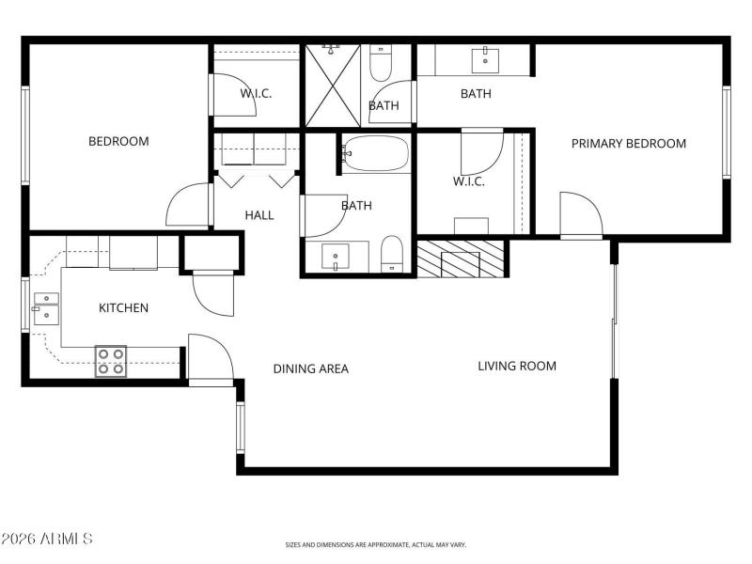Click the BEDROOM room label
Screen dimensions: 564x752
pos(118,142)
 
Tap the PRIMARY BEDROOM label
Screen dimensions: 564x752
pos(629,144)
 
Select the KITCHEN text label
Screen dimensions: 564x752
pos(123,308)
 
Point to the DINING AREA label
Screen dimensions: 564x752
pos(310,368)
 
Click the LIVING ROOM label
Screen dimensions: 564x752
pos(516,366)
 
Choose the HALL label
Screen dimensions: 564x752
pos(259,215)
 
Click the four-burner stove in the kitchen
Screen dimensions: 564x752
pos(111,362)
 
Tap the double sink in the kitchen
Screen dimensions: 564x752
pos(45,308)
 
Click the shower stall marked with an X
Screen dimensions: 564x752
pos(333,85)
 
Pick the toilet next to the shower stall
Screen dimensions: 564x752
pos(382,64)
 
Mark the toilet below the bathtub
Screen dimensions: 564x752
pos(392,254)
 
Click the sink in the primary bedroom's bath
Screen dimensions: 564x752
pos(486,58)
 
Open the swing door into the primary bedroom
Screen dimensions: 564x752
pos(580,216)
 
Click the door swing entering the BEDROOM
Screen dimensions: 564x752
pos(188,205)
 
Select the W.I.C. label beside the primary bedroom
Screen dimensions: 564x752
pos(468,181)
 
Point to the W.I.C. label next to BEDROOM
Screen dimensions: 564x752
pos(256,93)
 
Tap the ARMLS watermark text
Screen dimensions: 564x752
pos(47,540)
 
